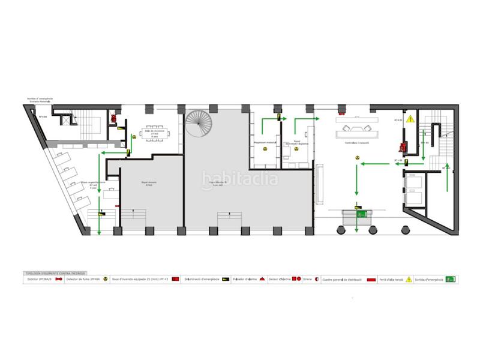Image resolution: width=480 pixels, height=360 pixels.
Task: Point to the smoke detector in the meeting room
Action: point(134,136)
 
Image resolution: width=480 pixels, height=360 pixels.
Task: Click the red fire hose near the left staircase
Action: point(112,118)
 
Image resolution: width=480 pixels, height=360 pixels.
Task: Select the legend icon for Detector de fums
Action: point(106,279)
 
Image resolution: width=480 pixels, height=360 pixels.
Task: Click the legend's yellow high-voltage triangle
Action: point(408,279)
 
